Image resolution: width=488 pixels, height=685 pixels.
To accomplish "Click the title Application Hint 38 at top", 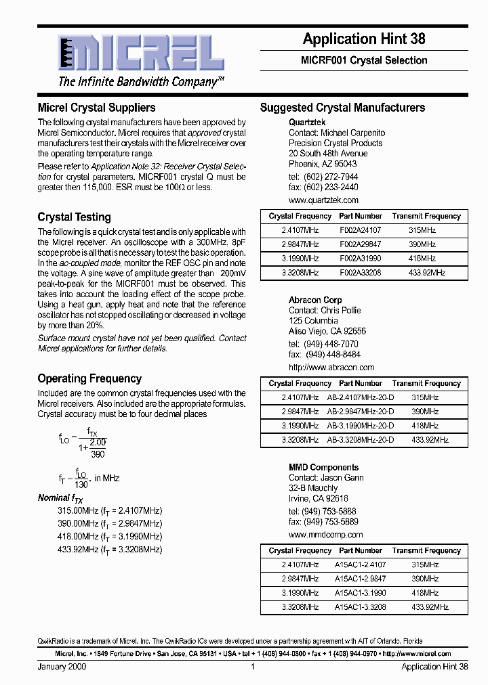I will point(364,39).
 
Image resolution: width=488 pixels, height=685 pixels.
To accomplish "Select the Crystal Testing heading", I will point(74,217).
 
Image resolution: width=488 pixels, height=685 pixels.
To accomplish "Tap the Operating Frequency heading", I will point(89,378).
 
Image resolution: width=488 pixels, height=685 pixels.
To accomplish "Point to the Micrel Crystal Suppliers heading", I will point(96,108).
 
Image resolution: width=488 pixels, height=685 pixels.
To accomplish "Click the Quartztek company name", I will point(307,123).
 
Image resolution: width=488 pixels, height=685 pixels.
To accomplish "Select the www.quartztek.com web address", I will point(323,200).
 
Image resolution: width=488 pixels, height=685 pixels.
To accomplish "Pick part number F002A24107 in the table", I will point(361,230).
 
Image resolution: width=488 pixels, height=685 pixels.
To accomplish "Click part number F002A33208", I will point(361,273).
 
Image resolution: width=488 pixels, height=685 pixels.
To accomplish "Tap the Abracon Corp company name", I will point(315,300).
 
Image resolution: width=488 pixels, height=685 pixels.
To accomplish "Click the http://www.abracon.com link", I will point(331,368).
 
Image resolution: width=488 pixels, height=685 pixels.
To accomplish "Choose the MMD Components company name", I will point(323,467).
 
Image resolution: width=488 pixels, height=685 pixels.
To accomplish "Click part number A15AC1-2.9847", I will point(361,579).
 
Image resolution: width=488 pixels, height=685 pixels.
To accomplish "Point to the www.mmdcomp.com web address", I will point(325,535).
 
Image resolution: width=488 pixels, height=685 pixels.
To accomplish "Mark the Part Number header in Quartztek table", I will point(361,216).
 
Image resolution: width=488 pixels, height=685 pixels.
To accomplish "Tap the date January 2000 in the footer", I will point(62,667).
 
